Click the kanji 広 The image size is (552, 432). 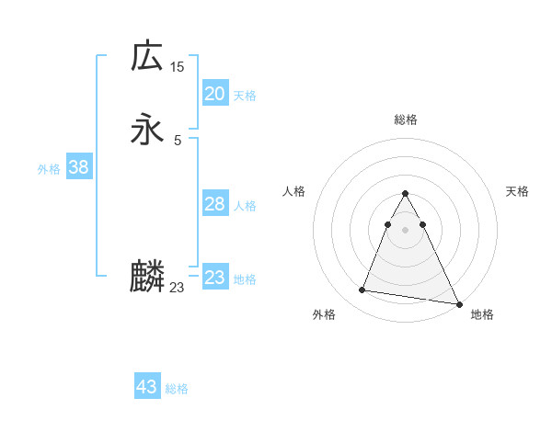pyautogui.click(x=147, y=56)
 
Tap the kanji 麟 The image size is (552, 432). pyautogui.click(x=147, y=277)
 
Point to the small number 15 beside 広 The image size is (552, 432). pyautogui.click(x=177, y=67)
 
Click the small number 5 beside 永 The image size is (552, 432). pyautogui.click(x=177, y=141)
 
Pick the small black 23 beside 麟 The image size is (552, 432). pyautogui.click(x=177, y=288)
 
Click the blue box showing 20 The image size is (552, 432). pyautogui.click(x=214, y=94)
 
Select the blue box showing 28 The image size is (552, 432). pyautogui.click(x=214, y=204)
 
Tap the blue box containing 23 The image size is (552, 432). pyautogui.click(x=214, y=278)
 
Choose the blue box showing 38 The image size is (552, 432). pyautogui.click(x=78, y=167)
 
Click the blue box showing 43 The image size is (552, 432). pyautogui.click(x=147, y=387)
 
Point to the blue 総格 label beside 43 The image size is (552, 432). pyautogui.click(x=177, y=389)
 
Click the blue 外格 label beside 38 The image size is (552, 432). pyautogui.click(x=49, y=169)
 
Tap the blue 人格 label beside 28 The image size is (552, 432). pyautogui.click(x=246, y=206)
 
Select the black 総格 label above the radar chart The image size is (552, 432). pyautogui.click(x=405, y=119)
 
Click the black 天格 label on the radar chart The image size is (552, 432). pyautogui.click(x=518, y=191)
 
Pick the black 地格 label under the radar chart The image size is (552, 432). pyautogui.click(x=482, y=314)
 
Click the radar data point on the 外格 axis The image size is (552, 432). pyautogui.click(x=362, y=290)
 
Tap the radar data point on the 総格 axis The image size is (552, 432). pyautogui.click(x=405, y=194)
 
